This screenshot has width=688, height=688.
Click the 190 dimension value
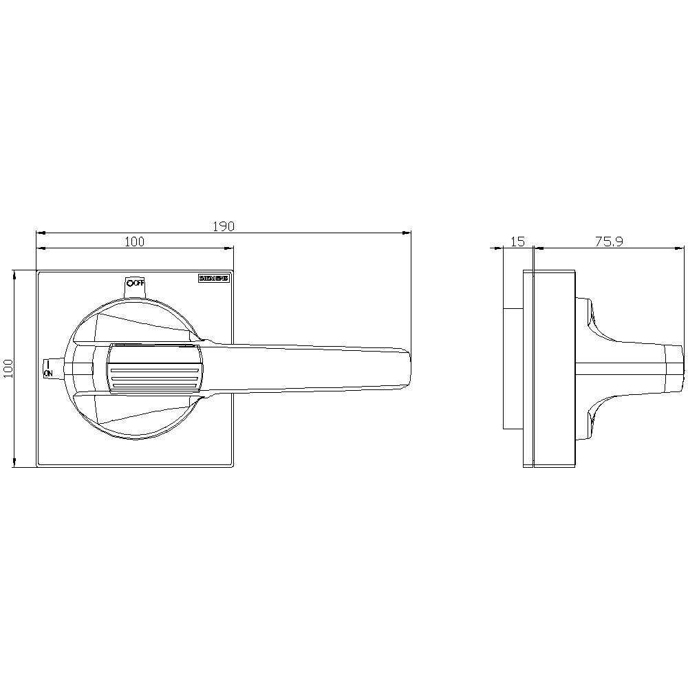(224, 226)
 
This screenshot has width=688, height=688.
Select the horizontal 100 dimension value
(134, 241)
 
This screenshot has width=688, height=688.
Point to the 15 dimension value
(518, 241)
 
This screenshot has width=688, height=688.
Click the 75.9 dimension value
(609, 241)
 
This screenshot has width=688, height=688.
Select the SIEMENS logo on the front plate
(213, 279)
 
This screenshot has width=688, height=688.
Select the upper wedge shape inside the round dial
(138, 326)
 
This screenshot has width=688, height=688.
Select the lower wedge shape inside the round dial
(138, 412)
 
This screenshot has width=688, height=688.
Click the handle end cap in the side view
(676, 369)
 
